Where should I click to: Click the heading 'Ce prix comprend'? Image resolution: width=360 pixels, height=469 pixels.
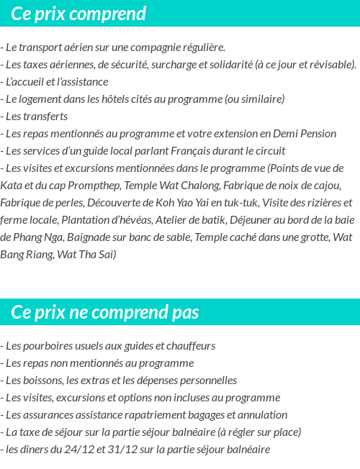(x=78, y=14)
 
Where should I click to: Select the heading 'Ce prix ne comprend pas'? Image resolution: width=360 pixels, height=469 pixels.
(x=105, y=312)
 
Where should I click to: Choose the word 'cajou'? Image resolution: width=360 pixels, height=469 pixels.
(x=330, y=186)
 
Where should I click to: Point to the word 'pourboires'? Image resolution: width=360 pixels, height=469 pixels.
(x=47, y=346)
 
